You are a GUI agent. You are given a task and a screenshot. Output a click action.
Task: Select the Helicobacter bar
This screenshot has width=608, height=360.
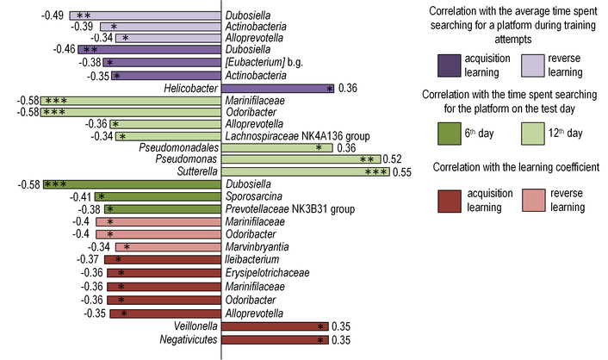click(277, 88)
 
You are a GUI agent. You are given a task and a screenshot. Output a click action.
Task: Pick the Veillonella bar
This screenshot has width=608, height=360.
click(276, 326)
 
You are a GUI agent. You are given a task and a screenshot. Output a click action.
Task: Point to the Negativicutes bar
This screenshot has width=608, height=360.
click(276, 339)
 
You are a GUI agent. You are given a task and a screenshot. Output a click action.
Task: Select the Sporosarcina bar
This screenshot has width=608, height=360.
click(158, 196)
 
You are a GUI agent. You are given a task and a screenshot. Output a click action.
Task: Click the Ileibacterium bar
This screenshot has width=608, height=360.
click(163, 259)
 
